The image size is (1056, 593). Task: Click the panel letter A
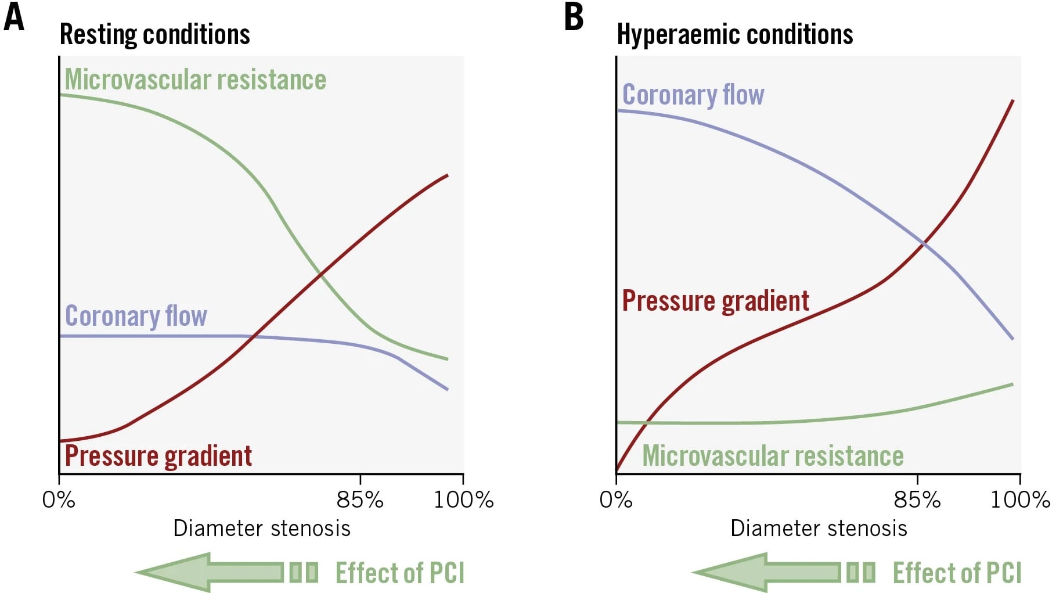point(14,17)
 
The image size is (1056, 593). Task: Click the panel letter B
point(574,17)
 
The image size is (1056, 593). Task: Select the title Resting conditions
point(154,34)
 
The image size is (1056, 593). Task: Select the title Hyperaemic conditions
point(734,34)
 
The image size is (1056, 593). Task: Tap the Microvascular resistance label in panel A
point(195,80)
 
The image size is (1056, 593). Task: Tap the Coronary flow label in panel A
point(136,316)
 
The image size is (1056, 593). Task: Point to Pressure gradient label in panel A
point(158,456)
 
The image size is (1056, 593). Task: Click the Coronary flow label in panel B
point(693,95)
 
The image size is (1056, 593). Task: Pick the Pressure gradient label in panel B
point(715,301)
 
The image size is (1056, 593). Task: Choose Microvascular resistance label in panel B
point(773,456)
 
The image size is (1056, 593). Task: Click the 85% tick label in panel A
point(360,499)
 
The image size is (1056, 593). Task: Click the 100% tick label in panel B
point(1020,499)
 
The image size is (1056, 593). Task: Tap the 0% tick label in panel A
point(59,499)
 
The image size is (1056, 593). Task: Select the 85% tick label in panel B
point(917,499)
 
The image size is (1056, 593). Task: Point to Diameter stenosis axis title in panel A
point(262,529)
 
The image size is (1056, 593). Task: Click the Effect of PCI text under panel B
point(957,573)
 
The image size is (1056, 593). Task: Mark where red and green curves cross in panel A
point(320,272)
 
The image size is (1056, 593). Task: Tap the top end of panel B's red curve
point(1013,100)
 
